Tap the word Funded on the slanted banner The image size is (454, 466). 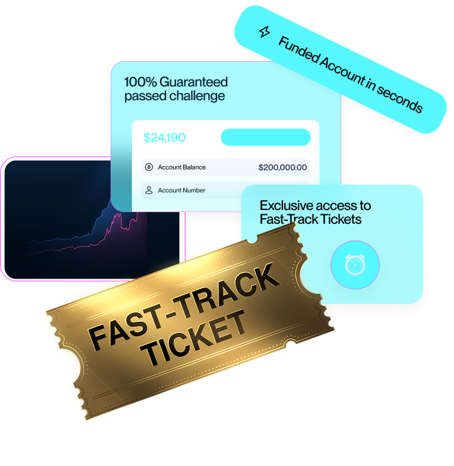tap(300, 53)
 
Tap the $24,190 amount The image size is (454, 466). tap(164, 137)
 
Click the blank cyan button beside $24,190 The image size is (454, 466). tap(265, 137)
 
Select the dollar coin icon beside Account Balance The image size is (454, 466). tap(148, 167)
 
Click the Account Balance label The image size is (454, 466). tap(181, 167)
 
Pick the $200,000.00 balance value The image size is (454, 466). tap(282, 167)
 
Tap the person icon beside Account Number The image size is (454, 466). tap(148, 190)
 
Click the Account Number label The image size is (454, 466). tap(181, 190)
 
